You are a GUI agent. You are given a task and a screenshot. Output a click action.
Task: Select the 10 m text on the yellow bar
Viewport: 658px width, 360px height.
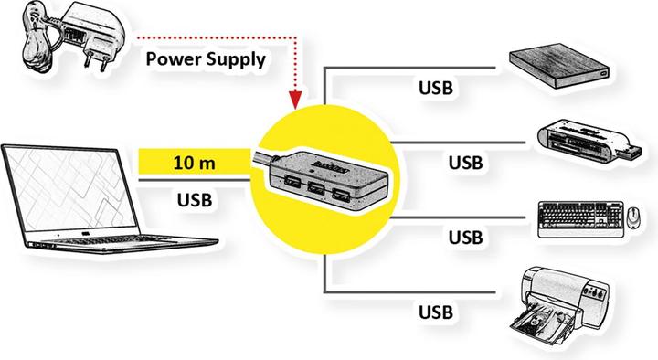(x=194, y=164)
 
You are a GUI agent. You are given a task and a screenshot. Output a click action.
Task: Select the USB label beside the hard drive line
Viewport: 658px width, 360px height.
(x=437, y=89)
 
